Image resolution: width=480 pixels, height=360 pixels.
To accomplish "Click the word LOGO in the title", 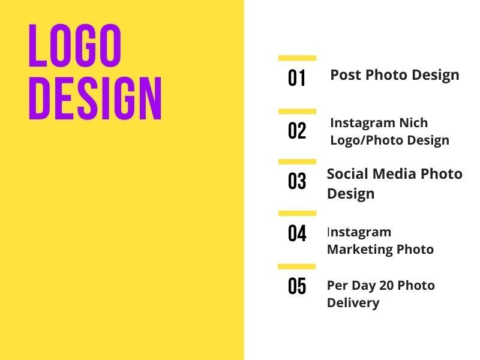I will click(x=75, y=46).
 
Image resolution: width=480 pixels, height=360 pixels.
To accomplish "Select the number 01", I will click(x=297, y=78).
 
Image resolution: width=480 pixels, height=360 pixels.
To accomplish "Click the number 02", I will click(x=297, y=131).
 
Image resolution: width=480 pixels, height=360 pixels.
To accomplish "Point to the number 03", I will click(x=297, y=181).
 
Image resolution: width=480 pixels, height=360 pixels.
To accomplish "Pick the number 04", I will click(x=297, y=233).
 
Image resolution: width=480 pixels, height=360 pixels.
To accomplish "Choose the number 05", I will click(x=297, y=286).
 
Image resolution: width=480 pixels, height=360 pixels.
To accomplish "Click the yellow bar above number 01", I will click(x=297, y=58).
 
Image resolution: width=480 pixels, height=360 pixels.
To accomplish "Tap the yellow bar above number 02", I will click(x=297, y=112).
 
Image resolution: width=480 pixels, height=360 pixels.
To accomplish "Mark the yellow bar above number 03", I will click(x=297, y=162).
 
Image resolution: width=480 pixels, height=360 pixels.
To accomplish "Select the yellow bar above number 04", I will click(x=297, y=213).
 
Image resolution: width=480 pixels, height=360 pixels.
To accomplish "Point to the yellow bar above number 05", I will click(x=297, y=266).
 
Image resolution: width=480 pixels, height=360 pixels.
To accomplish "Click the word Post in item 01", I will click(x=346, y=75).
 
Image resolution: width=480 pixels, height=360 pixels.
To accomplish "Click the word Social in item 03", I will click(x=347, y=174).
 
